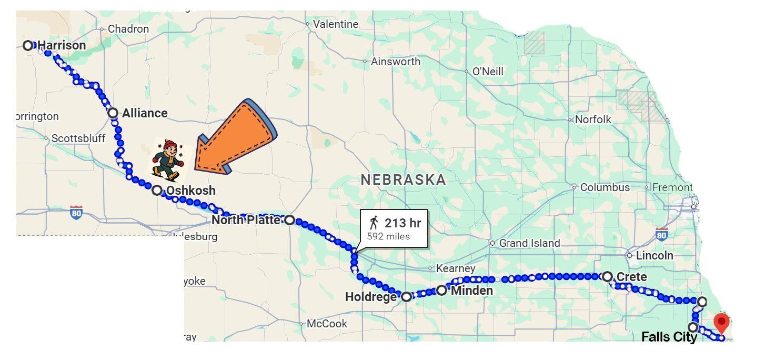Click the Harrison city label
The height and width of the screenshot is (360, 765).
[62, 46]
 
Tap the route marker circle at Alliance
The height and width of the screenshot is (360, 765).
[113, 113]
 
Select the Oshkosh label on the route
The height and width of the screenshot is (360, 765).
[190, 191]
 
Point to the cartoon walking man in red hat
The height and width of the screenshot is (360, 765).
[167, 158]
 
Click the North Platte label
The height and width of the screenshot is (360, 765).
[246, 220]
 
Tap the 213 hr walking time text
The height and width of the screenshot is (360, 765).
[402, 223]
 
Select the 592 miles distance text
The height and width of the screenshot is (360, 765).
[388, 236]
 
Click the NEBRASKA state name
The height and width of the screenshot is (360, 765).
[404, 180]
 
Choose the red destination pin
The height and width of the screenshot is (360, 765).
[721, 322]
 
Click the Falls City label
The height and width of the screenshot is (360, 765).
[669, 337]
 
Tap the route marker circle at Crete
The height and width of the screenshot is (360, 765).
[607, 276]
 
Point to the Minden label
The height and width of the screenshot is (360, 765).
[471, 291]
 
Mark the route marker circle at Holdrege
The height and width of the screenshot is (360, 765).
[406, 297]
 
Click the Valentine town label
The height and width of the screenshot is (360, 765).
[335, 24]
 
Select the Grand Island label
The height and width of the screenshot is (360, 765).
[529, 243]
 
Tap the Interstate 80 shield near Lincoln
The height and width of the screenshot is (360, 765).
[662, 234]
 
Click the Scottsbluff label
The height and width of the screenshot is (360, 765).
[78, 138]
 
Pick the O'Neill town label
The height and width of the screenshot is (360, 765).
[488, 72]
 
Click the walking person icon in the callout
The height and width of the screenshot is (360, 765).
[374, 223]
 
